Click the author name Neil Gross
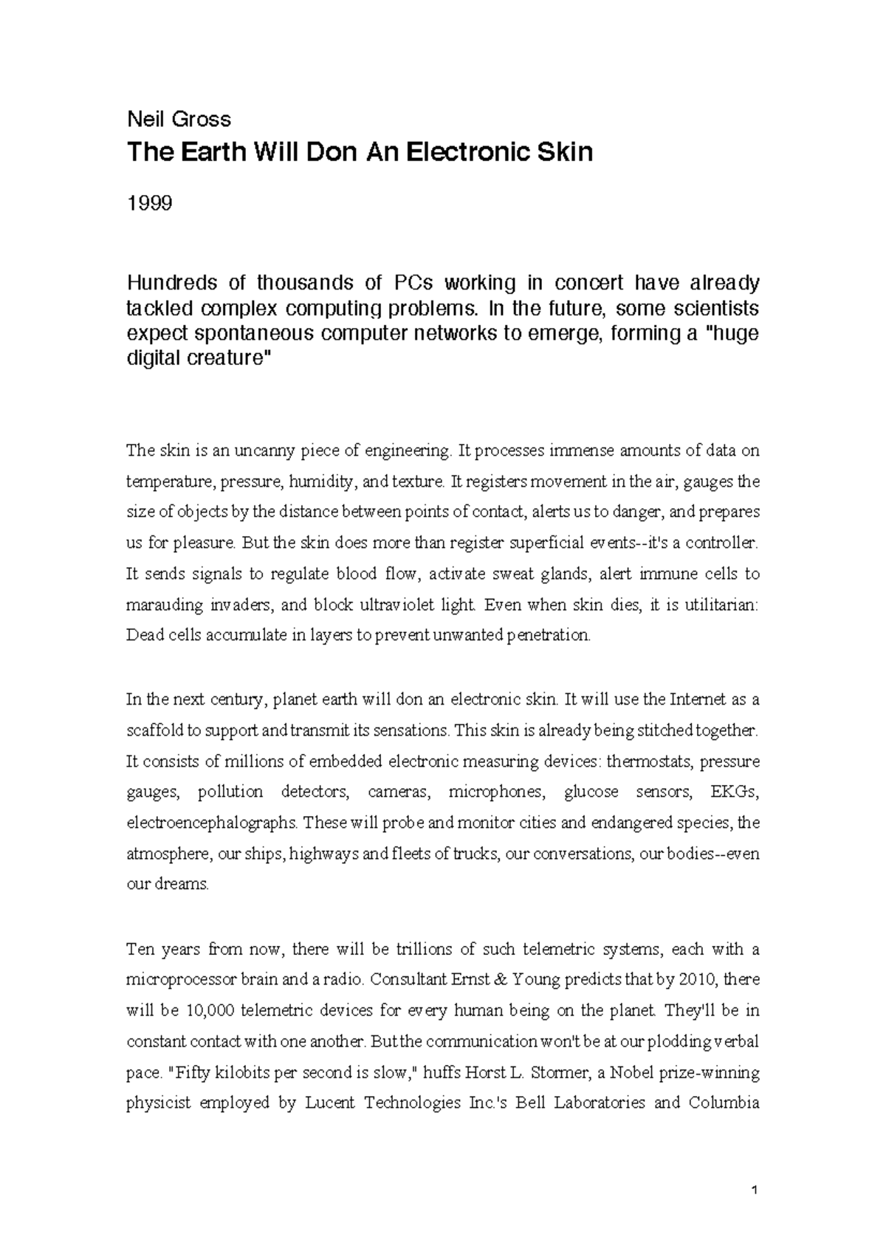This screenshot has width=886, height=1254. (179, 119)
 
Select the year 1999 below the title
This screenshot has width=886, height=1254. (149, 202)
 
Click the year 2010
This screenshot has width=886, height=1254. (698, 979)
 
